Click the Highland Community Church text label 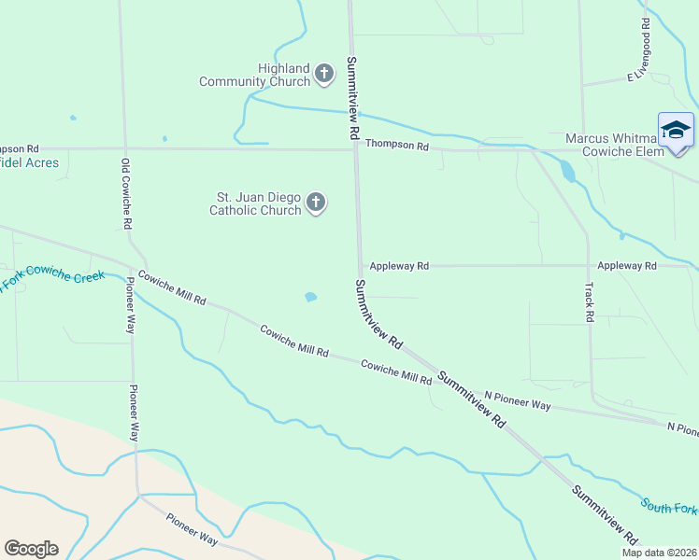[x=284, y=75]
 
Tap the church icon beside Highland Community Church [x=324, y=74]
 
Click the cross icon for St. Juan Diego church [x=316, y=203]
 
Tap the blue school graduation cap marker [x=675, y=130]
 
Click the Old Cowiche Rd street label [x=126, y=194]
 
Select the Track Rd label [x=590, y=302]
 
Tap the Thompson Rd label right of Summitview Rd [x=396, y=145]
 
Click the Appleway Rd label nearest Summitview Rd [x=399, y=266]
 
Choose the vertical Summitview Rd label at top [x=352, y=98]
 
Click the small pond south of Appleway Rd [x=310, y=298]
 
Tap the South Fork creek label [x=668, y=507]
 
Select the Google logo [x=31, y=549]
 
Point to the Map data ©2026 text [x=659, y=553]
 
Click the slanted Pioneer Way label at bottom [x=193, y=528]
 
